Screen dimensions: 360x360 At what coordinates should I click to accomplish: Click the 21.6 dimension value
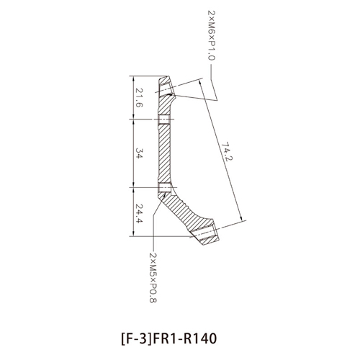(x=140, y=97)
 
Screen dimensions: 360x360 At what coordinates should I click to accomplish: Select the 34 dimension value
(x=140, y=153)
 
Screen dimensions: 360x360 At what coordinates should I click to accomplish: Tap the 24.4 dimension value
(x=140, y=214)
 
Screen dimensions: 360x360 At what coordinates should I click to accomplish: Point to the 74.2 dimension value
(x=227, y=151)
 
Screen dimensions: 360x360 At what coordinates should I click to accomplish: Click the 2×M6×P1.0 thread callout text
(x=212, y=35)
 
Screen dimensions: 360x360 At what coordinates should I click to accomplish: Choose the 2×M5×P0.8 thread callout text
(x=153, y=277)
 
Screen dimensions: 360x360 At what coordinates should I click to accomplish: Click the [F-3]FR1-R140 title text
(x=169, y=338)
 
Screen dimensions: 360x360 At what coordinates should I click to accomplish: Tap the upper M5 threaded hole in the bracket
(x=164, y=120)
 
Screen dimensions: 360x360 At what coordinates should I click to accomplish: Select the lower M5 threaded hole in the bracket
(x=165, y=187)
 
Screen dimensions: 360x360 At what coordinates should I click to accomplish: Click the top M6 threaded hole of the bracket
(x=166, y=89)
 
